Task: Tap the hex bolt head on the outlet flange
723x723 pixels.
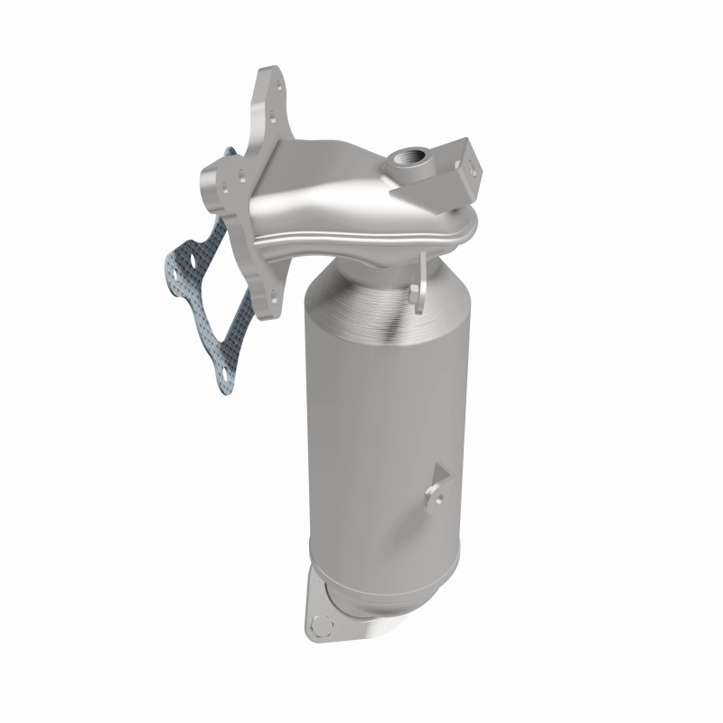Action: coord(320,623)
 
